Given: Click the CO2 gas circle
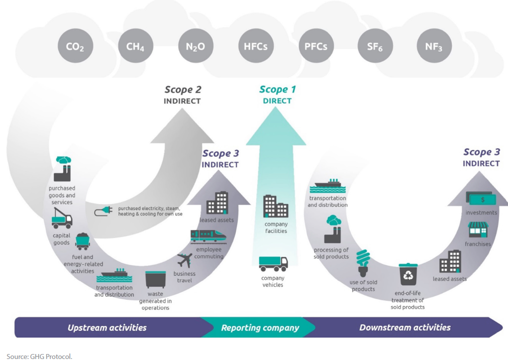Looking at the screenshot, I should click(75, 47).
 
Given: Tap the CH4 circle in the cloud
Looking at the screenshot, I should click(135, 47).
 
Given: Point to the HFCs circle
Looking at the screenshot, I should click(255, 47).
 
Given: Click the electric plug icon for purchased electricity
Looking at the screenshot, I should click(103, 211).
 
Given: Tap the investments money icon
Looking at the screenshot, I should click(481, 198).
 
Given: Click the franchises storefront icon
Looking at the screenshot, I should click(478, 230).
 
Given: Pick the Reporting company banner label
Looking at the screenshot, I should click(260, 328).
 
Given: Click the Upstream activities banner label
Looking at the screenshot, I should click(107, 328).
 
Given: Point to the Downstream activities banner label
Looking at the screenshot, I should click(405, 328).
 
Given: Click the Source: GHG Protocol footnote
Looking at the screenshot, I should click(39, 356).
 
